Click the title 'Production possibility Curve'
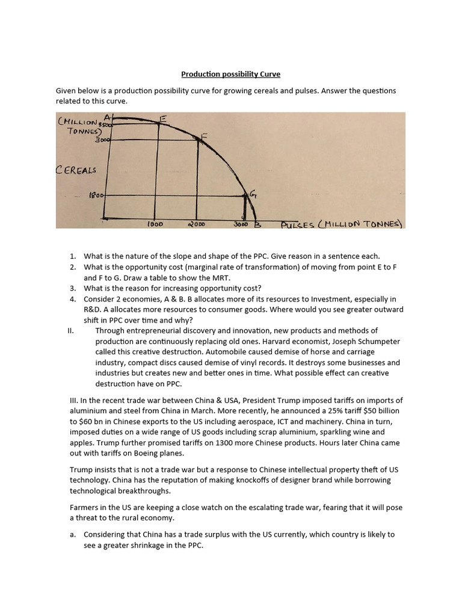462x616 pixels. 231,74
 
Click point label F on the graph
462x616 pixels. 204,137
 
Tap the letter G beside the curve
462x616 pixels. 253,194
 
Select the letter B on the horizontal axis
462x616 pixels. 257,224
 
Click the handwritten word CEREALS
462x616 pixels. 76,170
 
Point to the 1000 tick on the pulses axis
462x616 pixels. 156,224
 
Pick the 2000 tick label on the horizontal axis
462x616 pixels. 196,224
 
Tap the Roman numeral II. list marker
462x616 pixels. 73,331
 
